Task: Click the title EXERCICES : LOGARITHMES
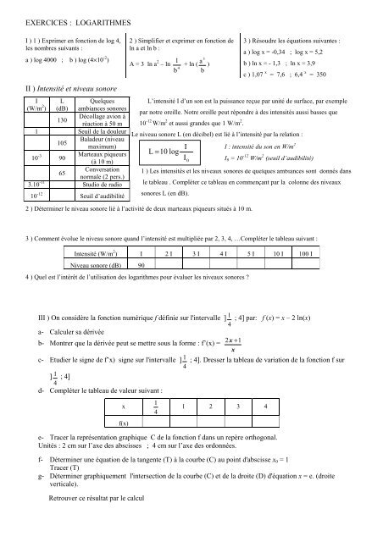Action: (64, 17)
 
